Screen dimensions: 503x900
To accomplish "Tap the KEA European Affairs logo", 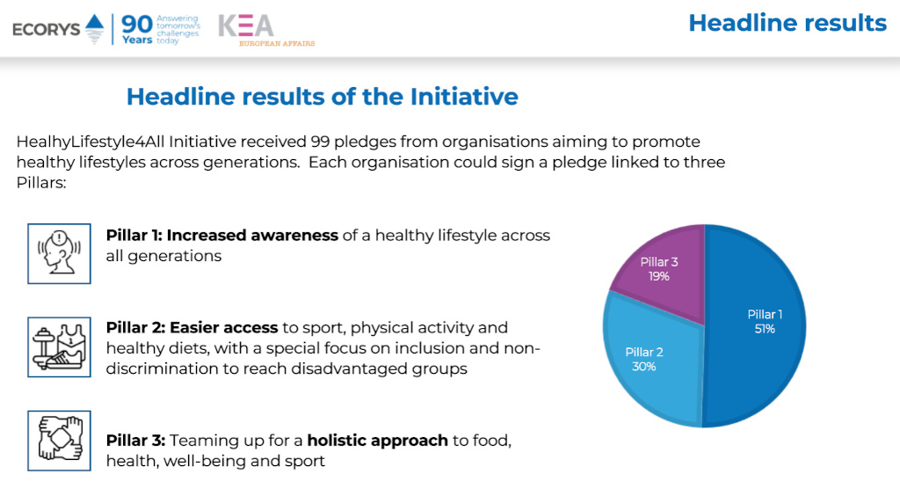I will [x=265, y=29].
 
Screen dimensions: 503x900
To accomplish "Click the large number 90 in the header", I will [x=137, y=24].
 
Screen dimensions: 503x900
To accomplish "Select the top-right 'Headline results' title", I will [x=787, y=23].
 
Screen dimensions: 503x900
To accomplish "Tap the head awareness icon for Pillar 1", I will [x=59, y=253].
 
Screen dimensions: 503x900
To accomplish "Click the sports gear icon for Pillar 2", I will [x=59, y=346].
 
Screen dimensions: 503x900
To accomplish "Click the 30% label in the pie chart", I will [x=644, y=367].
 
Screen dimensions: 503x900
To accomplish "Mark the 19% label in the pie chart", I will [x=659, y=276].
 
